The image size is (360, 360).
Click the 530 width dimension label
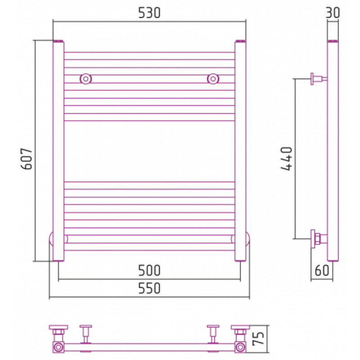(x=149, y=13)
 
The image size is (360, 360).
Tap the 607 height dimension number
(x=27, y=159)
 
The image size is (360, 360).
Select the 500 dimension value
(x=149, y=271)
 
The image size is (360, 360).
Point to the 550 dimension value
(x=149, y=288)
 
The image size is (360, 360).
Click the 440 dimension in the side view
(x=286, y=159)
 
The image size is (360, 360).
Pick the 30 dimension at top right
(x=333, y=13)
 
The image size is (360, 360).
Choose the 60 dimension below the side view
(x=322, y=270)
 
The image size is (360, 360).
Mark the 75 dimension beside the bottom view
(x=258, y=339)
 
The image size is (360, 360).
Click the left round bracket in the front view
(x=86, y=79)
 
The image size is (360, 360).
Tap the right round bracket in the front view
(x=213, y=79)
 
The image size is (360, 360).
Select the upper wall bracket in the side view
(x=319, y=79)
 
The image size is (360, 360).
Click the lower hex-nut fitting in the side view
(x=319, y=239)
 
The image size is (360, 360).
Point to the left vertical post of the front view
(x=58, y=151)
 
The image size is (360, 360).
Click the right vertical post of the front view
(x=240, y=151)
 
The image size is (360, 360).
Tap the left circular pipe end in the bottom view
(x=58, y=347)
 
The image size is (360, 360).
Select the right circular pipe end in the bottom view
(x=240, y=347)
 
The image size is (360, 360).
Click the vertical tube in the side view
(x=333, y=151)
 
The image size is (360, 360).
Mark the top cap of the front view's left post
(x=58, y=41)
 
